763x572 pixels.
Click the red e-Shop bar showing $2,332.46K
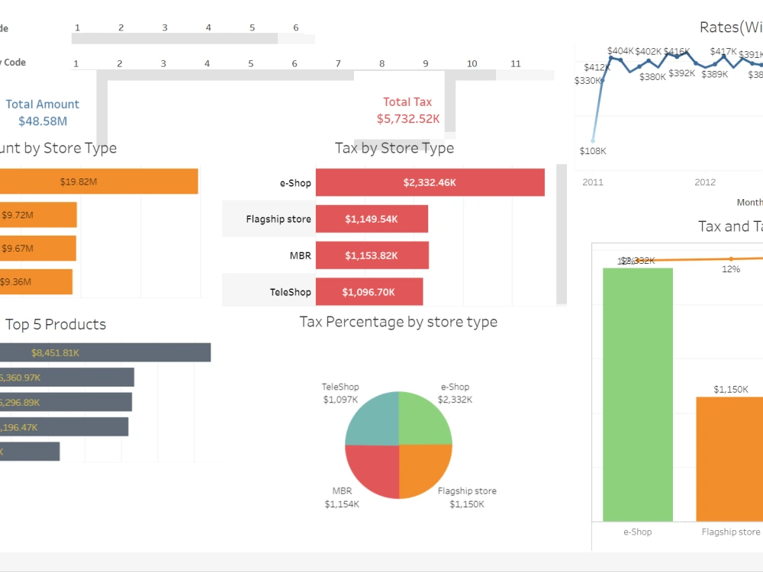[430, 183]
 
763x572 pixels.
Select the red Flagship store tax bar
[372, 219]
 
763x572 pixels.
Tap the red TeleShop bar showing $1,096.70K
[369, 291]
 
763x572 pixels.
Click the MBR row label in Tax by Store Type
[301, 255]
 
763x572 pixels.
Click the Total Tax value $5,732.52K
[407, 119]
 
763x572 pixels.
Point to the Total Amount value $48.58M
[43, 121]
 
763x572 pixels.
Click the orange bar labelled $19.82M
[98, 182]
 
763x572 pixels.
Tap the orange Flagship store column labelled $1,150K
[730, 458]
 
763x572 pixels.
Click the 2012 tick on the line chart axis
[705, 182]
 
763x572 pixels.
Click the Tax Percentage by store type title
[398, 322]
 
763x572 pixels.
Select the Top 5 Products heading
[56, 324]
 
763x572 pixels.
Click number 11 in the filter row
[516, 64]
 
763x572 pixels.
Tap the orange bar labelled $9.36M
[36, 281]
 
